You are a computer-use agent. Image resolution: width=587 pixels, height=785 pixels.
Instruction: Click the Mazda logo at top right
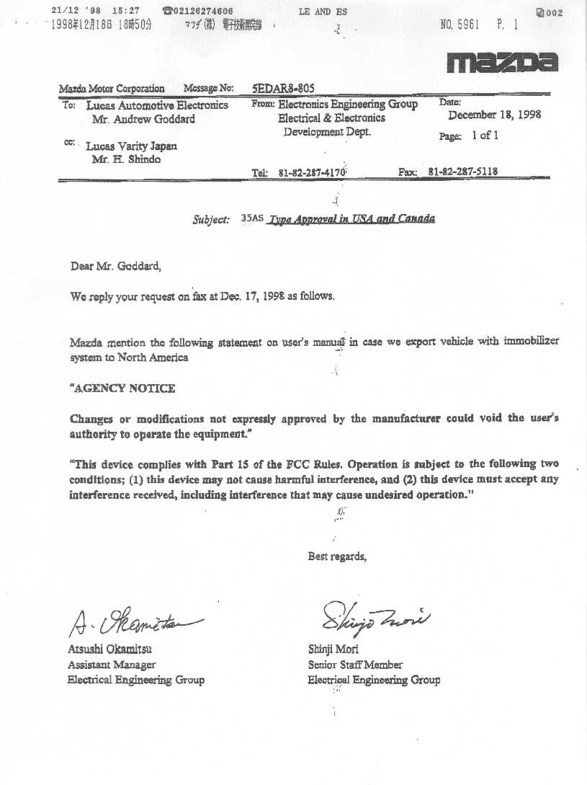tap(501, 63)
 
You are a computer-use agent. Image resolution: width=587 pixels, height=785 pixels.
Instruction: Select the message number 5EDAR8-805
tap(283, 88)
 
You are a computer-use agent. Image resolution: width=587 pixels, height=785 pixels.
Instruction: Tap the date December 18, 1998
tap(494, 115)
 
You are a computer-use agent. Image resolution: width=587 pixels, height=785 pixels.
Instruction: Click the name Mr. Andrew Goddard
tap(149, 119)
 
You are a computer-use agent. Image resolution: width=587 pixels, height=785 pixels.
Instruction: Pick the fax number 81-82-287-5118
tap(463, 172)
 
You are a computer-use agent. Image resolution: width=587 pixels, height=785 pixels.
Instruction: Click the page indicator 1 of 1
tap(485, 135)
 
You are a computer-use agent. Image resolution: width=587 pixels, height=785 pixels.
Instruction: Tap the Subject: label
tap(211, 220)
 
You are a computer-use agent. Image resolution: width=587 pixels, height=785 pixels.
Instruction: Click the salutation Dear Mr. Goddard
tap(116, 266)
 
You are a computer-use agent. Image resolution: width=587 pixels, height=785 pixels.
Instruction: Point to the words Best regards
tap(337, 556)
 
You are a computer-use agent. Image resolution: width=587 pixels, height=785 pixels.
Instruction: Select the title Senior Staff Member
tap(355, 665)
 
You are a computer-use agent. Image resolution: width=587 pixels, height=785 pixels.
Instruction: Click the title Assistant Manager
tap(111, 665)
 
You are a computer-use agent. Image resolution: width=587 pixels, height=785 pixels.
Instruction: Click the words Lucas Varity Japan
tap(131, 146)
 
